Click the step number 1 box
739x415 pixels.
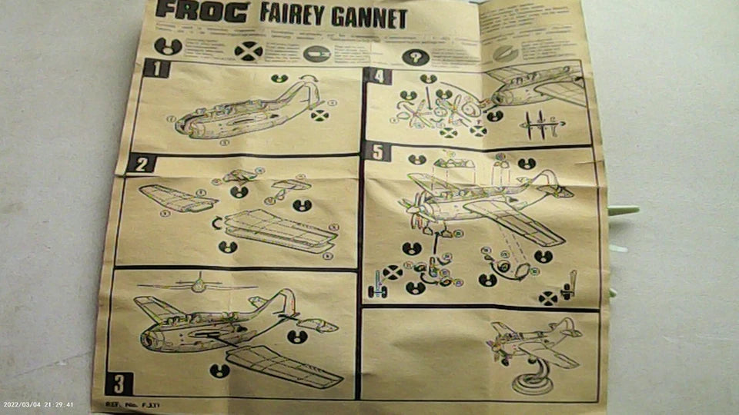156,68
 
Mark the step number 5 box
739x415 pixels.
376,151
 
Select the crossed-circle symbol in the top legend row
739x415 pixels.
248,51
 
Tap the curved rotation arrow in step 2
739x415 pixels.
217,224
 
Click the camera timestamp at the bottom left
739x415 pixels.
38,404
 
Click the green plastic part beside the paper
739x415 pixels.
623,210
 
